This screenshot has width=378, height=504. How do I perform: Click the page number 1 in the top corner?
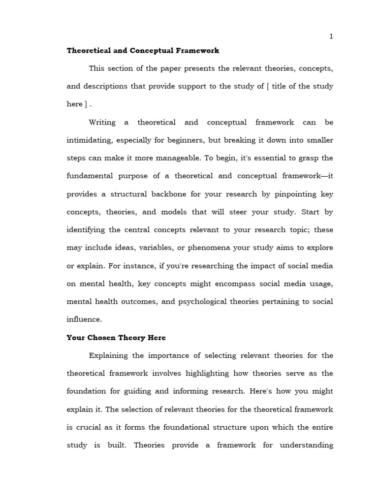(x=331, y=36)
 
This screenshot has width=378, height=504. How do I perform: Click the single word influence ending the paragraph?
(x=84, y=319)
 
